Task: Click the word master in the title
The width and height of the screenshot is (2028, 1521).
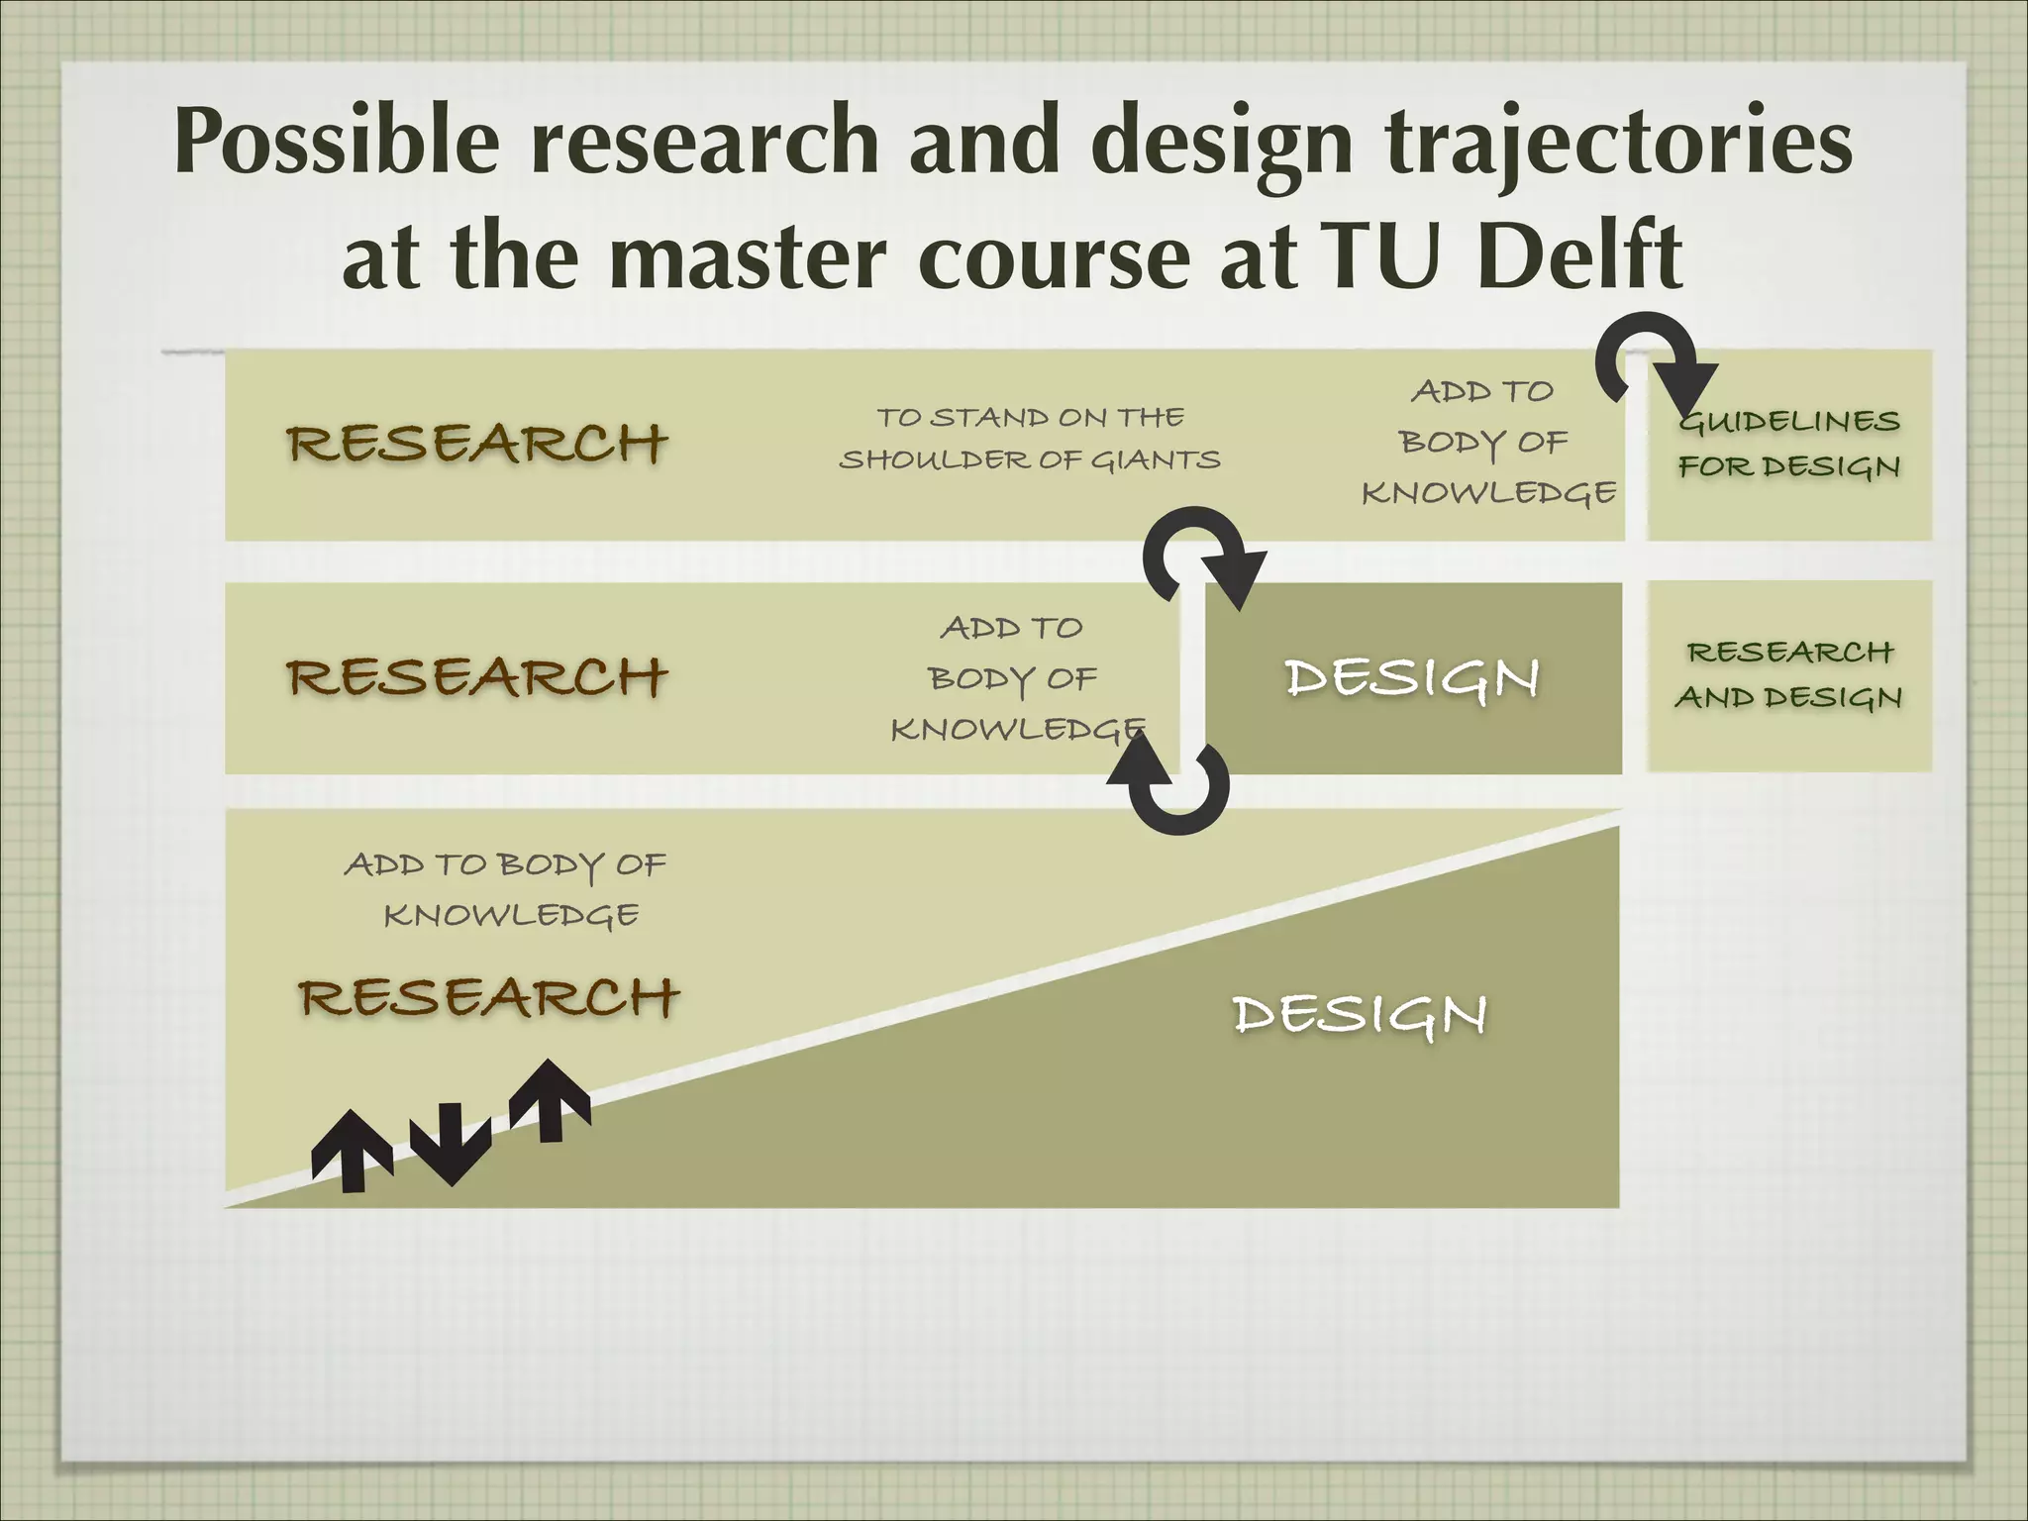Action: [748, 255]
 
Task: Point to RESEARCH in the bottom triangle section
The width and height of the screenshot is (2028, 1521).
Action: [489, 997]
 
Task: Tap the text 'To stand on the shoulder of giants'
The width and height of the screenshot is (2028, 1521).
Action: [1030, 439]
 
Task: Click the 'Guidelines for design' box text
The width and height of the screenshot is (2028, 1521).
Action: [1789, 444]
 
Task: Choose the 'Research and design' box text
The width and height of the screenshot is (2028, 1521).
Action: [1789, 675]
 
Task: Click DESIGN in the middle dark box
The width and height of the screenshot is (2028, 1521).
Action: [1412, 679]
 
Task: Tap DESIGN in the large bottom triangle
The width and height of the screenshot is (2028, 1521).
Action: [1360, 1015]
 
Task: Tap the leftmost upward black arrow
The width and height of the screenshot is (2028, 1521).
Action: [352, 1149]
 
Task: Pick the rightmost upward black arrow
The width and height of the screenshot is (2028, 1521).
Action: [550, 1099]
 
